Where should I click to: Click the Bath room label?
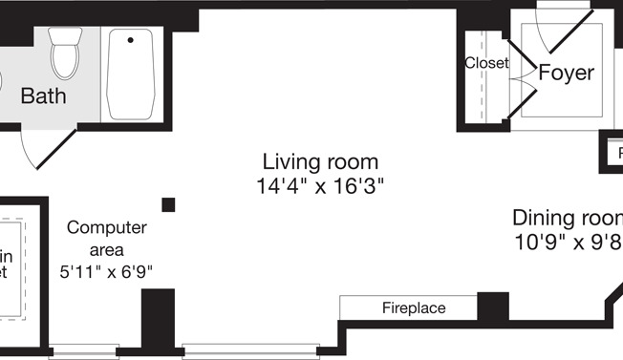click(43, 95)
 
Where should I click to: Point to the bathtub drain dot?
click(130, 40)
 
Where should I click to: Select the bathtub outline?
click(131, 74)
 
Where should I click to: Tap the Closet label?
click(486, 63)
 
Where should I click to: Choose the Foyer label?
click(566, 73)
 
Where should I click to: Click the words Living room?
click(320, 161)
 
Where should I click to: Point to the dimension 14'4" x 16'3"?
click(320, 183)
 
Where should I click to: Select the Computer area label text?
click(106, 239)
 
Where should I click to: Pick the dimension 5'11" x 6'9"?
click(106, 271)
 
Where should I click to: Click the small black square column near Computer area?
click(168, 203)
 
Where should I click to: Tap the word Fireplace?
click(414, 308)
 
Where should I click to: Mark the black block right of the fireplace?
click(492, 307)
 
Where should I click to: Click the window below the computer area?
click(84, 350)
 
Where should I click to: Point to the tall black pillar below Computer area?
click(158, 321)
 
